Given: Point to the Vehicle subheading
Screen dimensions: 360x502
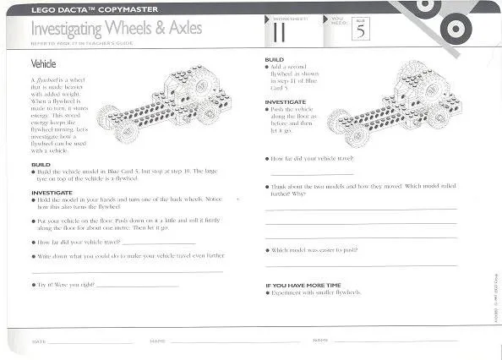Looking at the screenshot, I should [x=44, y=63].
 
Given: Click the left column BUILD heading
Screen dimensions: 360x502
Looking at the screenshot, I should [x=41, y=164].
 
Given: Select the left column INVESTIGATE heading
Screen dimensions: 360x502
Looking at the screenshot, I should [x=51, y=192].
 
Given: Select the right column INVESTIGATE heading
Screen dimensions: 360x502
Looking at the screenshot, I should [x=285, y=101].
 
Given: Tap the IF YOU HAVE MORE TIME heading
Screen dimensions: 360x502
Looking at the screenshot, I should [x=304, y=285].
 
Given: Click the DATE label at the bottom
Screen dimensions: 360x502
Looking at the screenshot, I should [x=37, y=341].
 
